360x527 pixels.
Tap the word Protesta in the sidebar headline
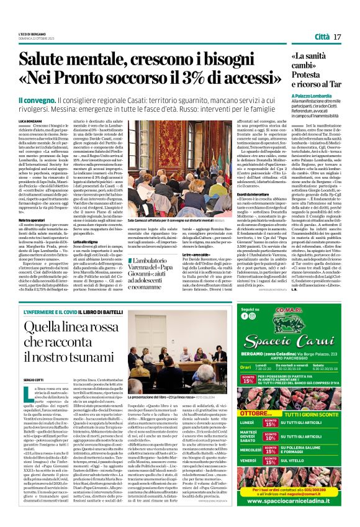tap(307, 74)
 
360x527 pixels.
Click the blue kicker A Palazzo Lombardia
tap(313, 97)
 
